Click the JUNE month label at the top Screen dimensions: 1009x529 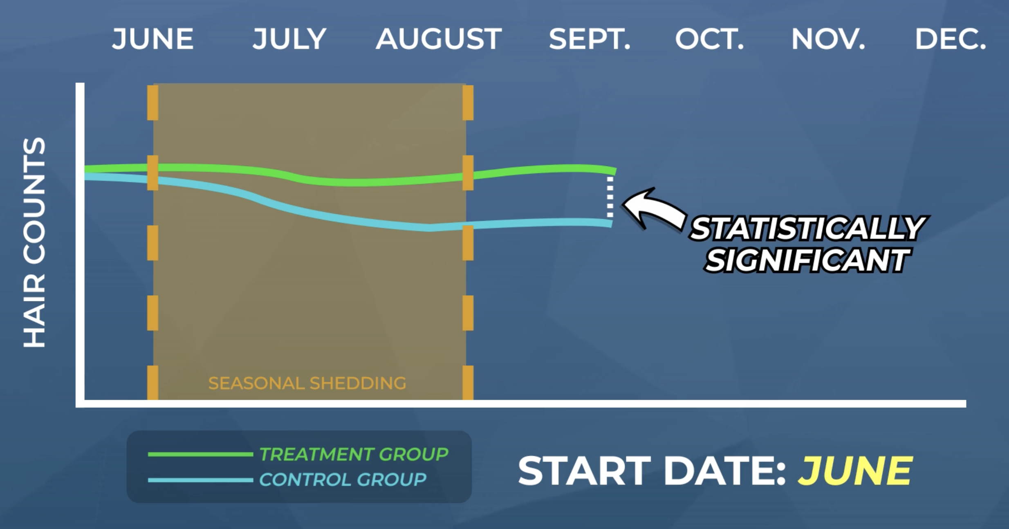(152, 39)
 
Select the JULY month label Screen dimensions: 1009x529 (289, 39)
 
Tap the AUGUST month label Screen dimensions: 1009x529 (439, 39)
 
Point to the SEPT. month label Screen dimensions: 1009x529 (590, 39)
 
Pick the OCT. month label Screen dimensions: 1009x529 (709, 39)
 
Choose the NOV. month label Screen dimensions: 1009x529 (828, 39)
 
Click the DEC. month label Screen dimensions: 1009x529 (950, 39)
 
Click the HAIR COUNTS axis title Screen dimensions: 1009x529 (34, 242)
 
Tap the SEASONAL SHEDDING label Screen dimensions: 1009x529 (307, 383)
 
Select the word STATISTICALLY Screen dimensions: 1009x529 (807, 228)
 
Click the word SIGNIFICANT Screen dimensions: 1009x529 (807, 260)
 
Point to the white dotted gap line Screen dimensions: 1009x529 (610, 197)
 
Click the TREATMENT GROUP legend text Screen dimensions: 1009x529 (354, 454)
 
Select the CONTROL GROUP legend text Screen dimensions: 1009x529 (343, 480)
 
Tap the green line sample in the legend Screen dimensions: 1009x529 (200, 454)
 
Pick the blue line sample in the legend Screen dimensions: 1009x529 (200, 480)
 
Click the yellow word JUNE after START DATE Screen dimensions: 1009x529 (855, 471)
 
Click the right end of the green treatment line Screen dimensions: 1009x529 (614, 171)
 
